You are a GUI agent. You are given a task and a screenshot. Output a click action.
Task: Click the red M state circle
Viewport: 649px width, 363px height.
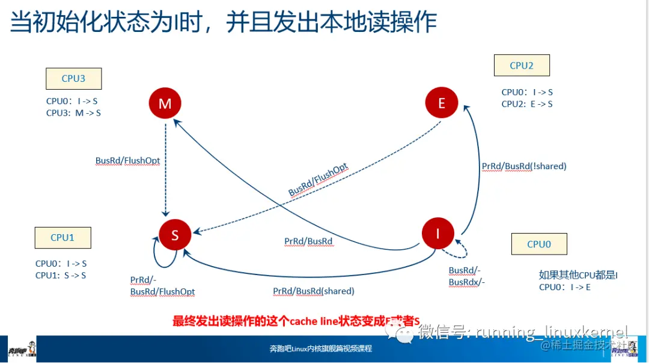click(165, 104)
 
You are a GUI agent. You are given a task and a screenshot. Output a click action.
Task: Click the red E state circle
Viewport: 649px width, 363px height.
click(442, 103)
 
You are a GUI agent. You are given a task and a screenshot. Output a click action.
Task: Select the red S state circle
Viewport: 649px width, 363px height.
click(175, 235)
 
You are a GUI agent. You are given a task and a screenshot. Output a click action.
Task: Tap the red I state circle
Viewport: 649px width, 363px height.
click(438, 233)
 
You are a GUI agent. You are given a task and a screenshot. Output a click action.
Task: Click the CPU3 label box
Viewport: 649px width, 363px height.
click(73, 79)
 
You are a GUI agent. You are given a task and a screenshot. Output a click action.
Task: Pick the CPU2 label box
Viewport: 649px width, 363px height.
click(522, 66)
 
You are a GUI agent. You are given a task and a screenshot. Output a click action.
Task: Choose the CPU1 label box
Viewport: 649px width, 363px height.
click(62, 238)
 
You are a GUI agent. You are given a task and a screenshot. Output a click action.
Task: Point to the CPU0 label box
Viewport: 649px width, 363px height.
click(539, 244)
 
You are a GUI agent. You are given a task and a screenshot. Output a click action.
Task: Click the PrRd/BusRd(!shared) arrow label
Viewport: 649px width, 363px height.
click(524, 166)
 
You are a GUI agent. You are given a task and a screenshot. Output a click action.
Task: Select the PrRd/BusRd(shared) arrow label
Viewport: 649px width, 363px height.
click(314, 291)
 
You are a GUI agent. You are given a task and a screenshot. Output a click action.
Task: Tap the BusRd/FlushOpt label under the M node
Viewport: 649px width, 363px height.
click(127, 161)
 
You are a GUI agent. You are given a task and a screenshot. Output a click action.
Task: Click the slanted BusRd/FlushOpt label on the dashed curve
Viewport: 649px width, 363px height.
click(318, 180)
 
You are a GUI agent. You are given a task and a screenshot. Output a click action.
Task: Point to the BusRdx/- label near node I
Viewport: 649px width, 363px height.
click(467, 282)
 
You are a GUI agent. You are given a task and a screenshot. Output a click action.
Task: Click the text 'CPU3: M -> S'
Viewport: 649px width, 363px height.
click(73, 113)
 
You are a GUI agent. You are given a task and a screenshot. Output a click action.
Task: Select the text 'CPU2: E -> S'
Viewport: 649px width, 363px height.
click(527, 104)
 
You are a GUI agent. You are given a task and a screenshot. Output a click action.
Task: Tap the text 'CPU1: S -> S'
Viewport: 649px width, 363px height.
click(61, 275)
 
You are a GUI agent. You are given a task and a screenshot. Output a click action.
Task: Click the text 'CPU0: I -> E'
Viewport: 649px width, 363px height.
click(565, 287)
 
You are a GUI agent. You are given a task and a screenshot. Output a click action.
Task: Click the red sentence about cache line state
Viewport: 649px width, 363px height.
click(296, 321)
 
